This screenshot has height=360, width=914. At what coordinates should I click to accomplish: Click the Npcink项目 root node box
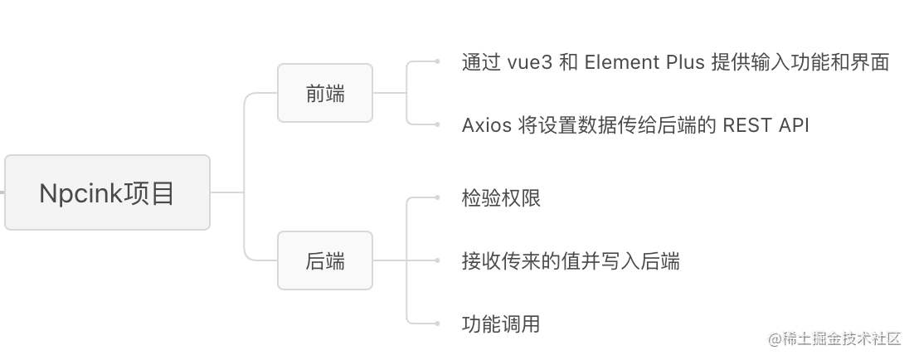pyautogui.click(x=107, y=192)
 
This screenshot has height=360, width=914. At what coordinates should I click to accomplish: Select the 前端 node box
pyautogui.click(x=325, y=94)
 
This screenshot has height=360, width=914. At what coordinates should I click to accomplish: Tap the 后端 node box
pyautogui.click(x=325, y=261)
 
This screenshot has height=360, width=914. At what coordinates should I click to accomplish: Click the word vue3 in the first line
pyautogui.click(x=527, y=63)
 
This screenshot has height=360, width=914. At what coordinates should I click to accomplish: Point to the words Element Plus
pyautogui.click(x=644, y=63)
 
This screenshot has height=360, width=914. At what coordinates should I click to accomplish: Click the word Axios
pyautogui.click(x=487, y=125)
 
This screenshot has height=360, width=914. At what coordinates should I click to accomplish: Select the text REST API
pyautogui.click(x=766, y=125)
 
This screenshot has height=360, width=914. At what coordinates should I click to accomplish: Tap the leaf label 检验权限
pyautogui.click(x=501, y=198)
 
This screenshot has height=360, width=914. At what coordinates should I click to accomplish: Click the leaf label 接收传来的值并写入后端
pyautogui.click(x=571, y=261)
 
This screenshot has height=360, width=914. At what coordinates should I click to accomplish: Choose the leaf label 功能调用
pyautogui.click(x=501, y=324)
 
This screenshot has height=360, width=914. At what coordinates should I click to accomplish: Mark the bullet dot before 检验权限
pyautogui.click(x=437, y=197)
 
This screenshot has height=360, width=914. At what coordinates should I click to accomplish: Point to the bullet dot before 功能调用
pyautogui.click(x=437, y=323)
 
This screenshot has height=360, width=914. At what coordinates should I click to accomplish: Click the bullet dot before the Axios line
pyautogui.click(x=437, y=124)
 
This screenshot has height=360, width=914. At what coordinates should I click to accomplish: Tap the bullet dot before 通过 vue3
pyautogui.click(x=437, y=61)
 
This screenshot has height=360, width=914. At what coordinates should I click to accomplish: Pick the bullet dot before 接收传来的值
pyautogui.click(x=437, y=260)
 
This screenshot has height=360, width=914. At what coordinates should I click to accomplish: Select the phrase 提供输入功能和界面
pyautogui.click(x=800, y=63)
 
